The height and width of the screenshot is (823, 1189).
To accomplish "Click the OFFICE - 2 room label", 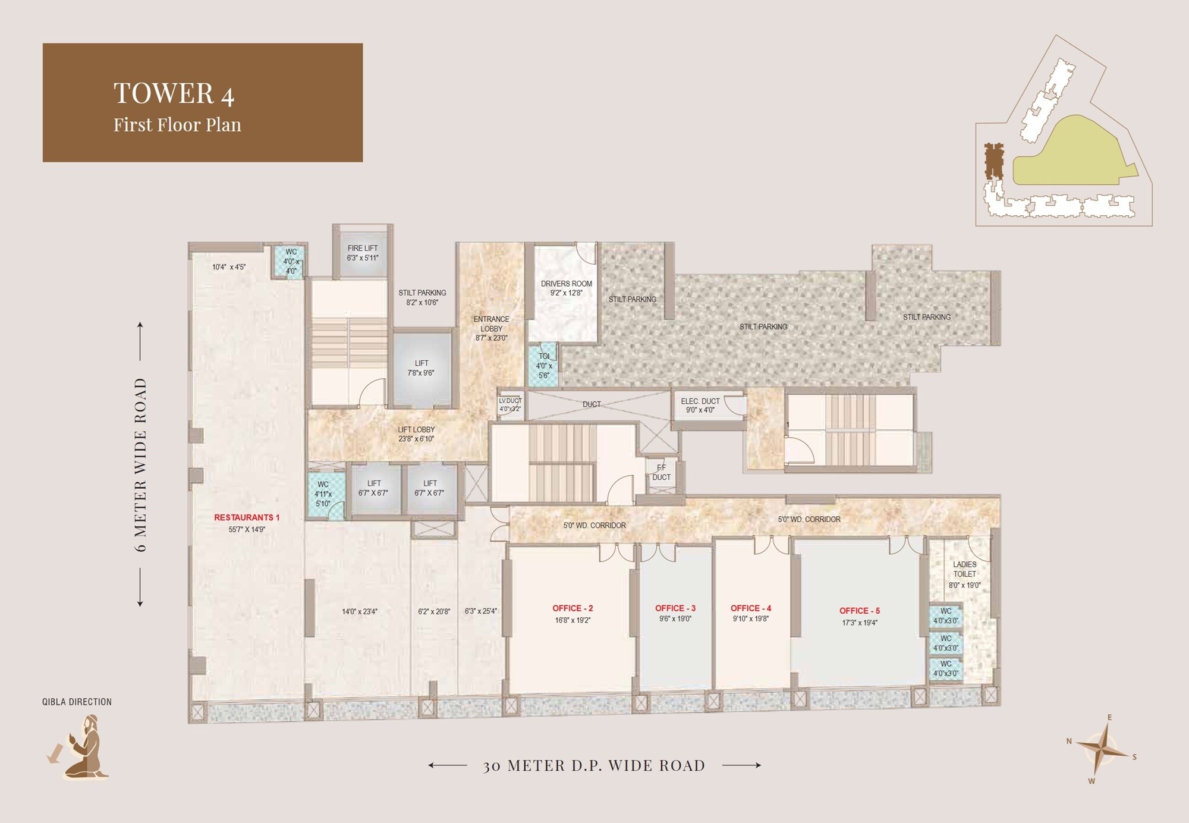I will click(572, 608).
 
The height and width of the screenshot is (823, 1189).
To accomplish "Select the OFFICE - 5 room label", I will click(859, 611).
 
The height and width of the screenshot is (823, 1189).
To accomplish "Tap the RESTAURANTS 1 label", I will click(246, 517).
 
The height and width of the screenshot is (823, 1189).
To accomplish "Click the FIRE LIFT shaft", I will click(362, 253).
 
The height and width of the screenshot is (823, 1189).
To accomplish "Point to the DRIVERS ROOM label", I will click(566, 284).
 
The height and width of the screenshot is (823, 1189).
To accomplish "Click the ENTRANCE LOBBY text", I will click(491, 324).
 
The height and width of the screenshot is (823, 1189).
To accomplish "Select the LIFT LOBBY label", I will click(416, 429).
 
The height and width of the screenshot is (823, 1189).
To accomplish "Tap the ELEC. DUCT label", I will click(700, 401).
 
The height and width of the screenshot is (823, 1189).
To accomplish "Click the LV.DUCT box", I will click(510, 405).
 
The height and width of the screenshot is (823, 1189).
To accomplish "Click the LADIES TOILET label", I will click(964, 569).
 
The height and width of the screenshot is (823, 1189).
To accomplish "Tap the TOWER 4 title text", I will click(174, 93).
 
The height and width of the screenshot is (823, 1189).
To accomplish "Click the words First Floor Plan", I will click(177, 125).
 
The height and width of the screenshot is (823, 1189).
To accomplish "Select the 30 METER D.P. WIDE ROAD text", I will click(594, 765).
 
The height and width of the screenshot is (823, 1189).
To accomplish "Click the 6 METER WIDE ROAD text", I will click(140, 464).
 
